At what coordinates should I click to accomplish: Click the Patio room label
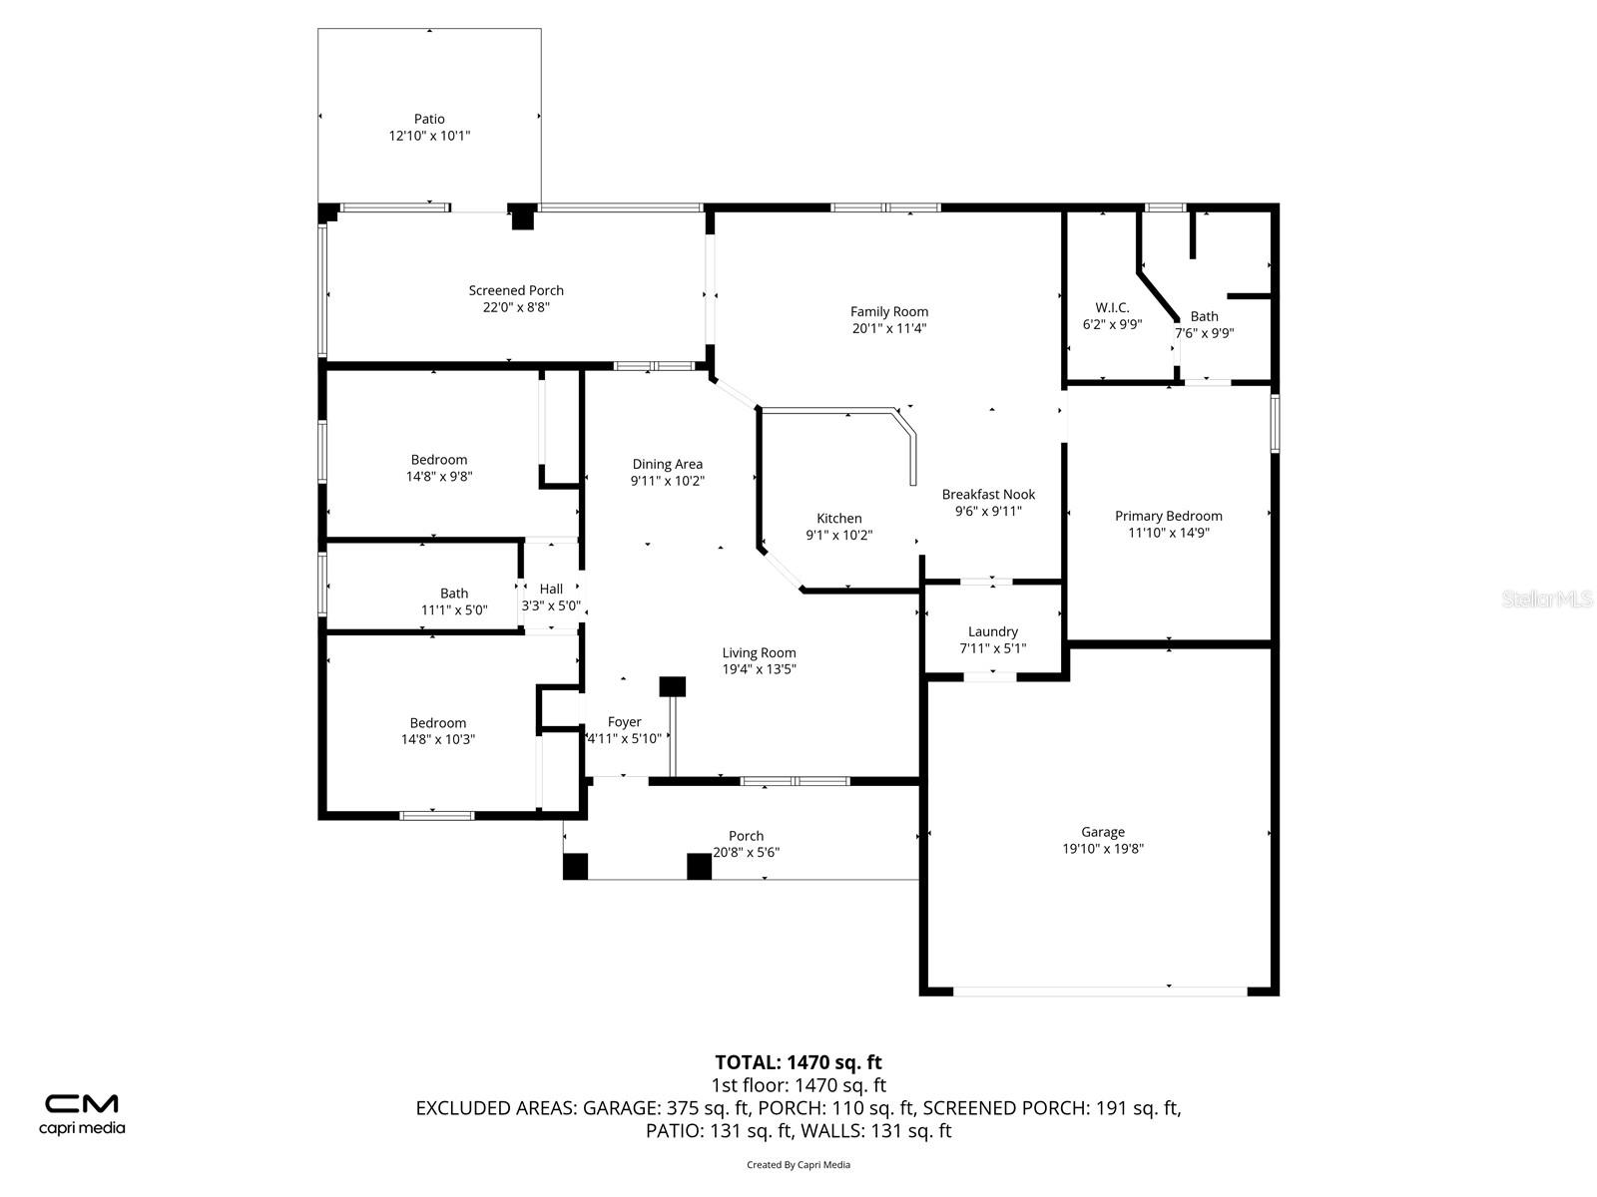pos(429,119)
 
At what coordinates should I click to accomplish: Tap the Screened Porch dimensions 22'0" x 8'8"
pos(516,308)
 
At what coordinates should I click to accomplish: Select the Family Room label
pos(889,311)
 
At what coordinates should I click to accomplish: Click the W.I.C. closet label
pos(1112,307)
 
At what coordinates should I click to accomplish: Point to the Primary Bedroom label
pos(1168,516)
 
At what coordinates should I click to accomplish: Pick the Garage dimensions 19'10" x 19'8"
pos(1103,849)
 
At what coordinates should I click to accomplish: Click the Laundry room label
pos(992,631)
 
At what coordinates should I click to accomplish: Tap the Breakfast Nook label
pos(988,494)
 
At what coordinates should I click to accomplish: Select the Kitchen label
pos(838,518)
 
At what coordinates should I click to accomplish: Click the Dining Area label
pos(667,464)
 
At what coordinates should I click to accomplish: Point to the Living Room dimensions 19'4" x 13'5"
pos(759,669)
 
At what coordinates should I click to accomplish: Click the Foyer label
pos(625,722)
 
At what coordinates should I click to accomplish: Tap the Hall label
pos(551,589)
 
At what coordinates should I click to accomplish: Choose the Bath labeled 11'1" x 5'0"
pos(454,601)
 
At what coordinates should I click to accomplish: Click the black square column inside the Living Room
pos(673,686)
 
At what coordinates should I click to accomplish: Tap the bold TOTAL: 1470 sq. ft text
pos(798,1062)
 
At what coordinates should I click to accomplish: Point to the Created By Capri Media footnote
pos(798,1164)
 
